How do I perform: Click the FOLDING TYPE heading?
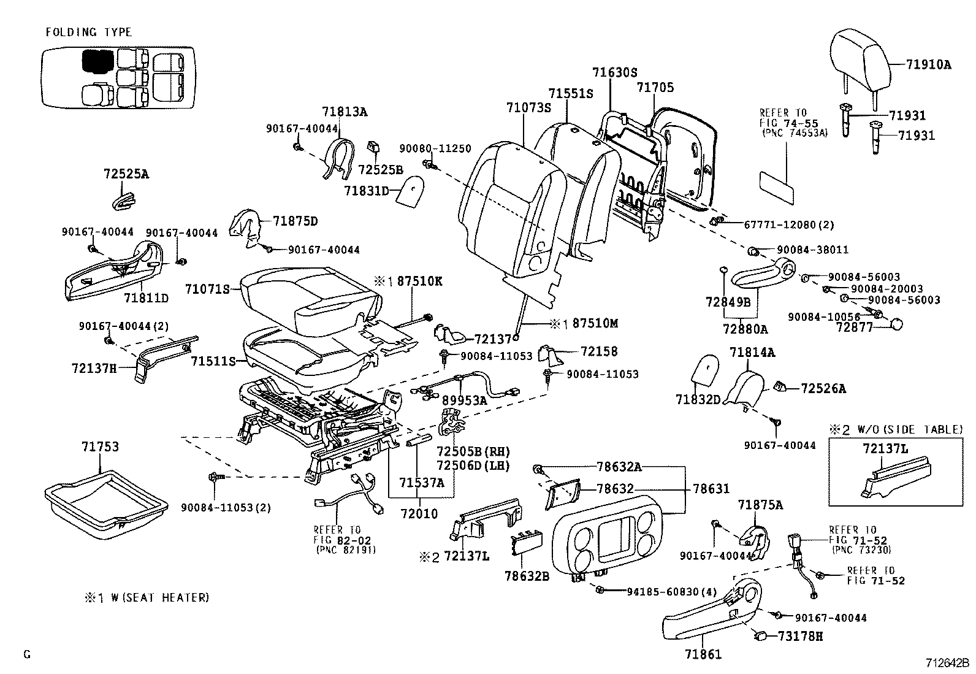[x=89, y=32]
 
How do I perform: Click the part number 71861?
[x=703, y=654]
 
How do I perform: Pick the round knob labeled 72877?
[x=896, y=324]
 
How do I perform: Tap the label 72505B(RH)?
[x=473, y=451]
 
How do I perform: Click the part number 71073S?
[x=529, y=107]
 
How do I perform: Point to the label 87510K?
[x=419, y=281]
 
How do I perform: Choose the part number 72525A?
[x=126, y=174]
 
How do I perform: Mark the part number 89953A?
[x=464, y=400]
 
